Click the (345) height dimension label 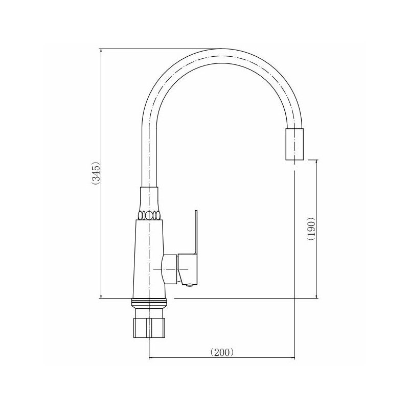point(96,173)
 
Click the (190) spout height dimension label point(311,229)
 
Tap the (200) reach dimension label point(222,352)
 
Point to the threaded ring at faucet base point(149,302)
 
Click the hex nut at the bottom point(149,328)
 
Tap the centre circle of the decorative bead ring point(149,215)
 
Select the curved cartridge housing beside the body point(170,269)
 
